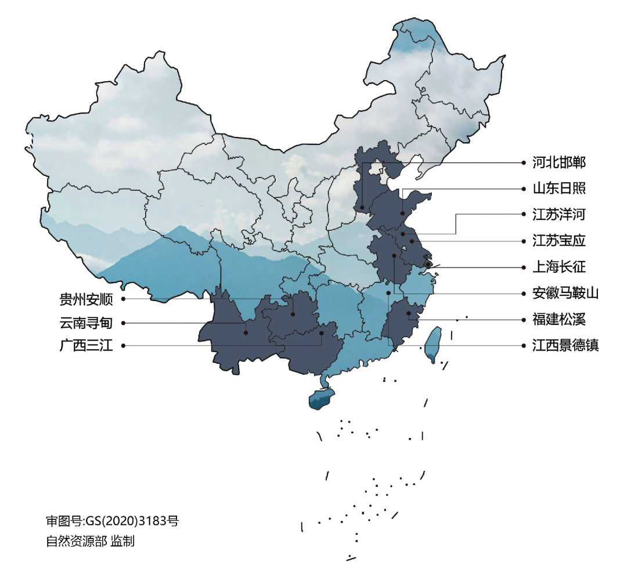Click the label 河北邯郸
pos(559,162)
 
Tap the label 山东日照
pos(559,189)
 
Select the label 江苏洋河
pos(559,215)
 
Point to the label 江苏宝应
pos(559,241)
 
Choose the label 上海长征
pos(559,267)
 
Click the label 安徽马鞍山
pos(565,293)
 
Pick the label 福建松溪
pos(559,319)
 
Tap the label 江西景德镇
pos(565,346)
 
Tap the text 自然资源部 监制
pos(90,541)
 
